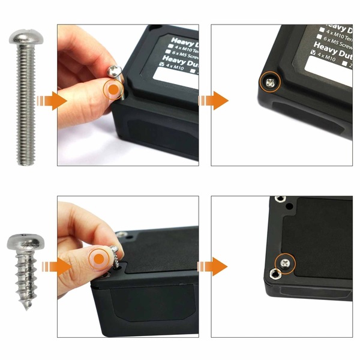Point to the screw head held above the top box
coord(115,72)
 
